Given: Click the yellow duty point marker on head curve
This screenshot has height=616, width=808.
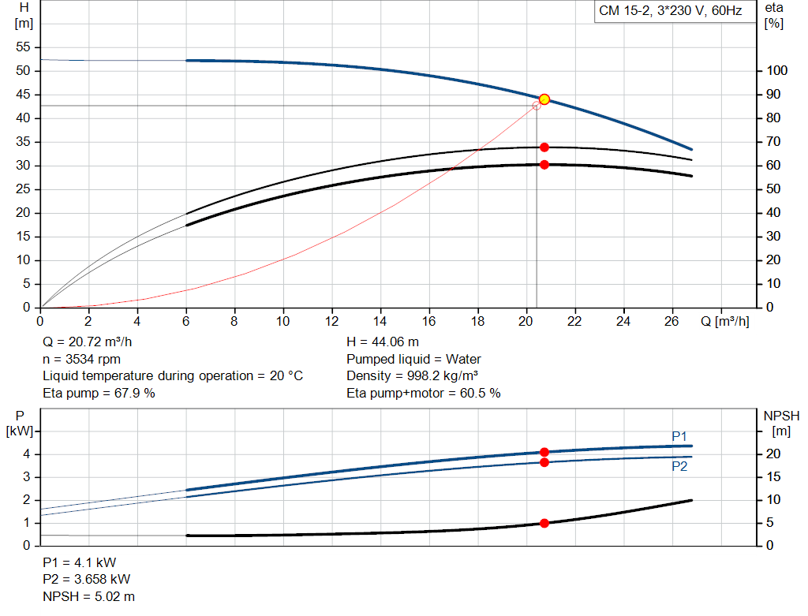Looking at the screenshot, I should pyautogui.click(x=544, y=99).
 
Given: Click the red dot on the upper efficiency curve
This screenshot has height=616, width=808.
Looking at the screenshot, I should pyautogui.click(x=544, y=147).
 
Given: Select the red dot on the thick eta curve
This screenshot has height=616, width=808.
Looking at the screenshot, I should pyautogui.click(x=544, y=165).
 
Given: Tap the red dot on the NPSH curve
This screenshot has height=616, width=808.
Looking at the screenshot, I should pyautogui.click(x=544, y=523).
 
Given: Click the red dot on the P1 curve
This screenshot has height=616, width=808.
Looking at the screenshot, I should pyautogui.click(x=544, y=452).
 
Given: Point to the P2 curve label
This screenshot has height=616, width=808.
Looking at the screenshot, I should pyautogui.click(x=679, y=467).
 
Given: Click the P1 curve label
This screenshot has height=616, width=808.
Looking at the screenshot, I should pyautogui.click(x=679, y=436).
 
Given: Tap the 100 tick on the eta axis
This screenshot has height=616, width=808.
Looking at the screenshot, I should pyautogui.click(x=777, y=71).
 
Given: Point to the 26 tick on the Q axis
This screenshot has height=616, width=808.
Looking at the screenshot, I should pyautogui.click(x=672, y=321).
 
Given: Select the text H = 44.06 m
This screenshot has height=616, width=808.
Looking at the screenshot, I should pyautogui.click(x=383, y=342).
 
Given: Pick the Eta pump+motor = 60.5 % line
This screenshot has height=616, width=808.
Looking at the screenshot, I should pyautogui.click(x=423, y=393).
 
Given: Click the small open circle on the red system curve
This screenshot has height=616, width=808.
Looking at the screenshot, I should pyautogui.click(x=537, y=105).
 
